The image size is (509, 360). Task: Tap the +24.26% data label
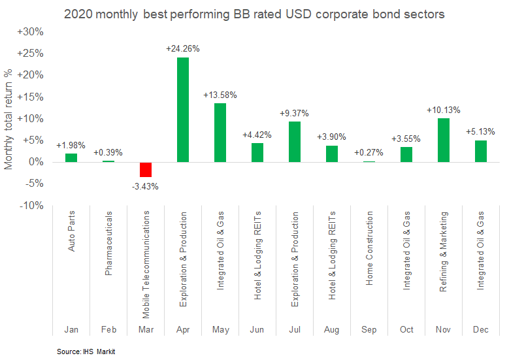pos(183,48)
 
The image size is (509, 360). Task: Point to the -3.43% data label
pos(144,186)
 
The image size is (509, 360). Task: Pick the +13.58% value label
pos(220,95)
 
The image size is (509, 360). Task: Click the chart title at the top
pos(255,13)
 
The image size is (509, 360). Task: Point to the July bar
pos(295,142)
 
